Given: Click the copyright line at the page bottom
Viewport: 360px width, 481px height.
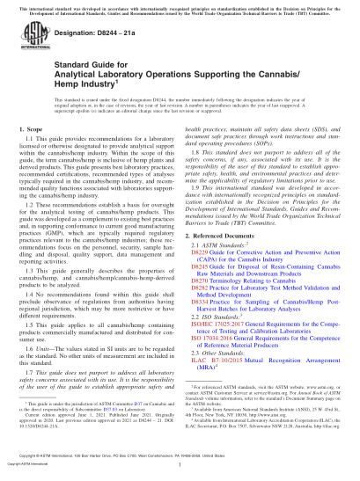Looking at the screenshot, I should pos(180,463).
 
